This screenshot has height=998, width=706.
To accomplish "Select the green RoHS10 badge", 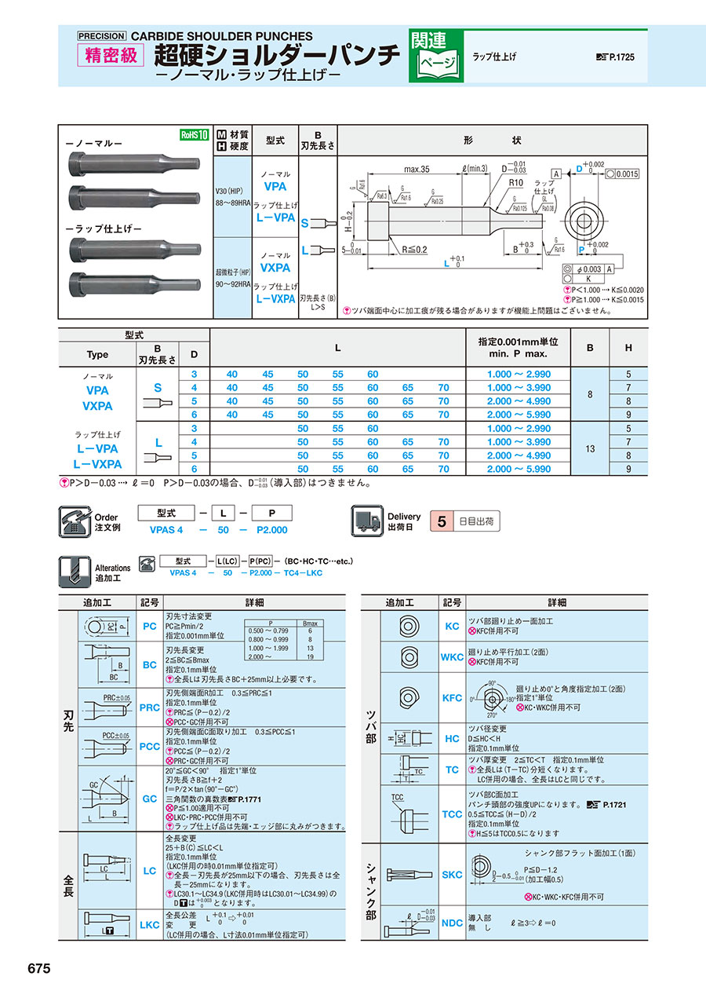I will point(194,135).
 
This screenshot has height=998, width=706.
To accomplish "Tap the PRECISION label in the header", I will point(101,35).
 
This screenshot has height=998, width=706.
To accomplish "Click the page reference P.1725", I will point(620,57).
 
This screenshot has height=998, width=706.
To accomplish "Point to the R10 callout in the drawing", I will point(515,181).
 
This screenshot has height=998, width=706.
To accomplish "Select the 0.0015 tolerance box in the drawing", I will point(628,174).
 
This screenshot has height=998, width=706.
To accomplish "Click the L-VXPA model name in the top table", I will point(275,299).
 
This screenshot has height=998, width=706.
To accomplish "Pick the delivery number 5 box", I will point(442,521).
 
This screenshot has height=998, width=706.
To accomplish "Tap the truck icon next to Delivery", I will point(366,520).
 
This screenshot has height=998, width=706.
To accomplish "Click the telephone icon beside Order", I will point(75,520).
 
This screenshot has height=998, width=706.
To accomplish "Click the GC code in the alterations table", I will point(149,798).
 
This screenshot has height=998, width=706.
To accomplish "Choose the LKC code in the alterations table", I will point(149,925).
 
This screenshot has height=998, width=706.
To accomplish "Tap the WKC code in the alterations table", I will point(453,657).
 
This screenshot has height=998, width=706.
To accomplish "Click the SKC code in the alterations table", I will point(453,874).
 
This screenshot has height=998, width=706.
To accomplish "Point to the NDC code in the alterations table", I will point(453,923).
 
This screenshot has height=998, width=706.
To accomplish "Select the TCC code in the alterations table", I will point(453,814).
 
